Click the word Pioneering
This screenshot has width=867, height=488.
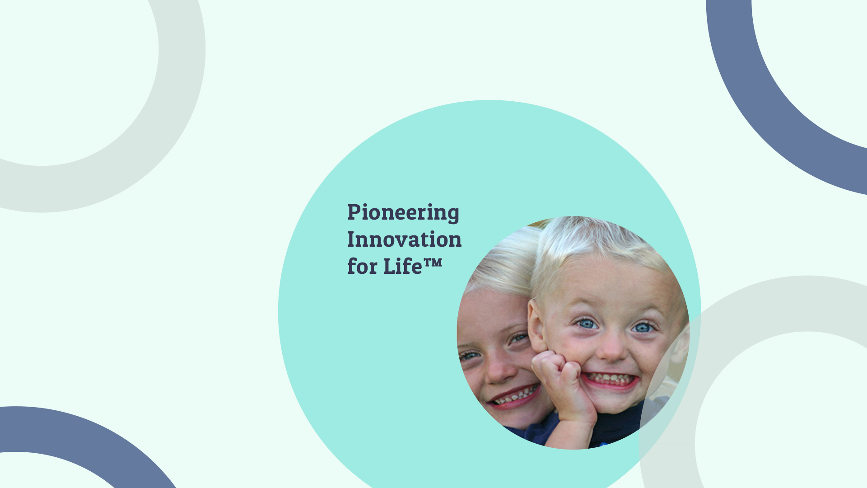[x=403, y=213]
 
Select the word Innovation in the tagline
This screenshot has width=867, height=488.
[x=405, y=239]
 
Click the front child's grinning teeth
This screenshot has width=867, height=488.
[x=610, y=379]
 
